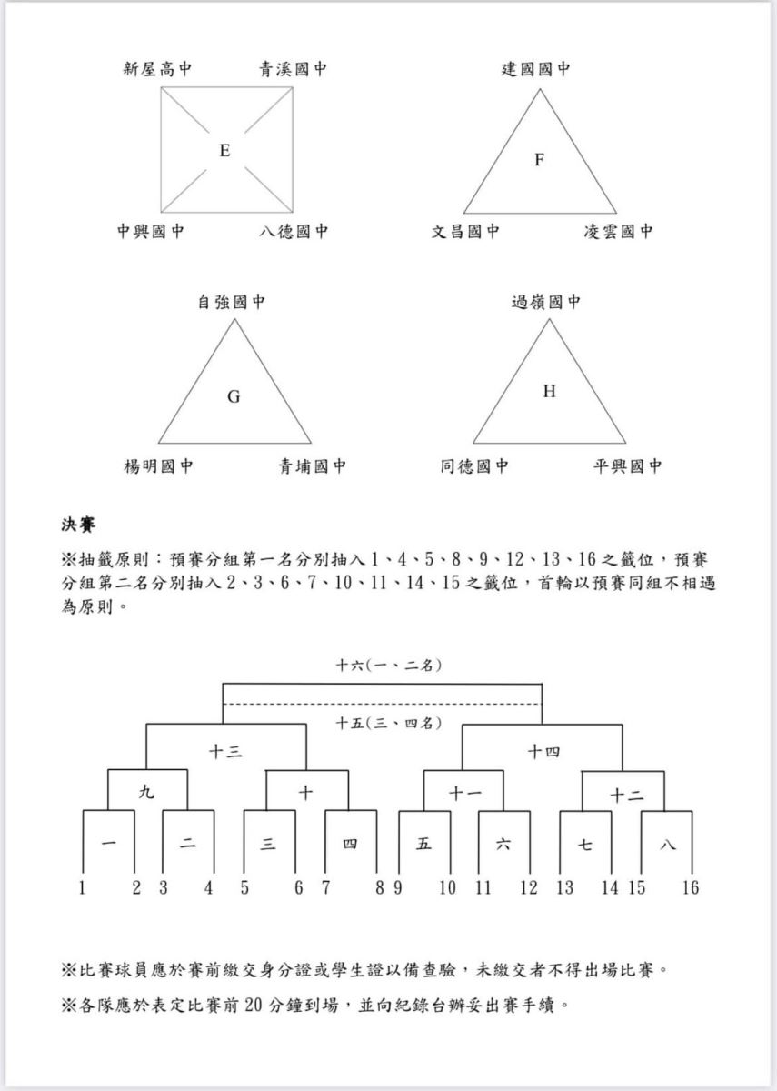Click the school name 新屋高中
pyautogui.click(x=157, y=69)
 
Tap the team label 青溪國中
pyautogui.click(x=293, y=69)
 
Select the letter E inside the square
pyautogui.click(x=224, y=151)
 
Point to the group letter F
pyautogui.click(x=539, y=159)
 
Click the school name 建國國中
pyautogui.click(x=535, y=69)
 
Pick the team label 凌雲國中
pyautogui.click(x=618, y=231)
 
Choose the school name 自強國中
pyautogui.click(x=231, y=302)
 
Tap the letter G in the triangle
pyautogui.click(x=234, y=397)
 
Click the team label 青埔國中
pyautogui.click(x=312, y=466)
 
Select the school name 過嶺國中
pyautogui.click(x=546, y=302)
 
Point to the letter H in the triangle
pyautogui.click(x=549, y=391)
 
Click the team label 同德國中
pyautogui.click(x=474, y=466)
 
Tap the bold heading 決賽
pyautogui.click(x=78, y=525)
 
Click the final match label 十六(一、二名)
pyautogui.click(x=389, y=665)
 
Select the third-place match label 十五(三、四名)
pyautogui.click(x=389, y=723)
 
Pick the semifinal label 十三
pyautogui.click(x=225, y=753)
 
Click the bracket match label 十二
pyautogui.click(x=626, y=796)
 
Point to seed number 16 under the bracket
pyautogui.click(x=691, y=887)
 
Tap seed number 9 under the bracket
pyautogui.click(x=398, y=887)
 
